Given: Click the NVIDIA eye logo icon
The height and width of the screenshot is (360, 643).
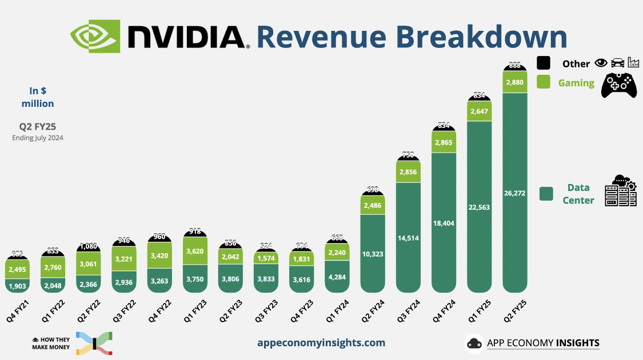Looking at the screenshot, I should (x=95, y=36).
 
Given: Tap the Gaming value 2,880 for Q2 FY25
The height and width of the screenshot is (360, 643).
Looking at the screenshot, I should (x=515, y=82).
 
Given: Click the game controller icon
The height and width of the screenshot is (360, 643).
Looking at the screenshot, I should (x=618, y=85).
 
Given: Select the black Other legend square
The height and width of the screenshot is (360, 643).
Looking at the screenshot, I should (x=544, y=63).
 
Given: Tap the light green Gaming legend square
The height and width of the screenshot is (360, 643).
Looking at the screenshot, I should (x=544, y=82).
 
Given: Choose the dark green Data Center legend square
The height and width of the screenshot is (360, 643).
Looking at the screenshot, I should (x=546, y=194).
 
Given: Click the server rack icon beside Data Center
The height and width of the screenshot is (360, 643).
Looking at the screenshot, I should (x=621, y=191).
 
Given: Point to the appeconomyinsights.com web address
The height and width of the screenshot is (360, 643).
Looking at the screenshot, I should (x=321, y=343).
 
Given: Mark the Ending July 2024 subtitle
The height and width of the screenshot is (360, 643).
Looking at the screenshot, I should (x=38, y=138).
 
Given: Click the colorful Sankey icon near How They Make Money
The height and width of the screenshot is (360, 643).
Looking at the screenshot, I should (x=94, y=343).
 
